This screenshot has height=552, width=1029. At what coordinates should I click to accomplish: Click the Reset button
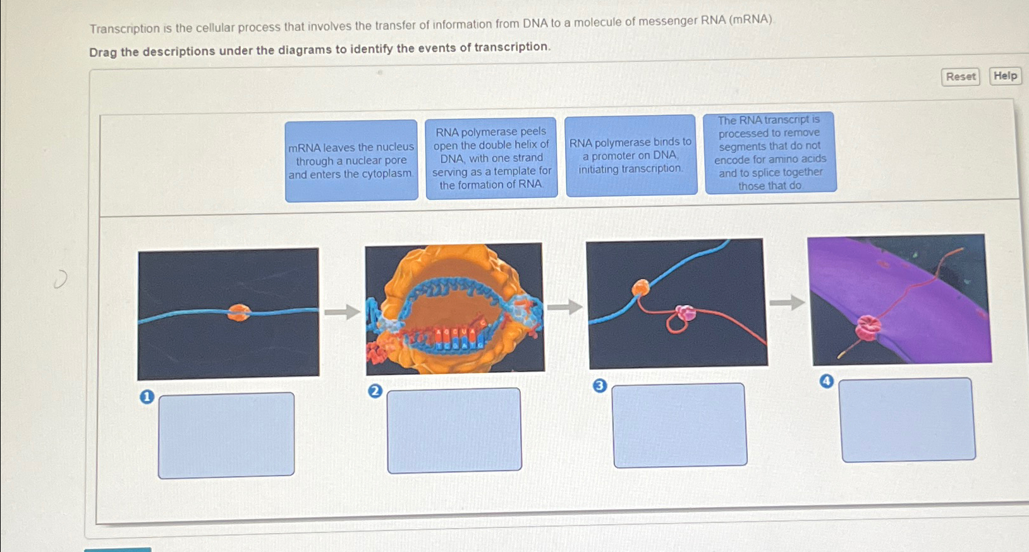960,77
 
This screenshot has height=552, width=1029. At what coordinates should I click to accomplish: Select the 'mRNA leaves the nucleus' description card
351,161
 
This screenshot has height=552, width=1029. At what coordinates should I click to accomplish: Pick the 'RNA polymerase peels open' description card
491,158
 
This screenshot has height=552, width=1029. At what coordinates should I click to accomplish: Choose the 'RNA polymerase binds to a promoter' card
631,156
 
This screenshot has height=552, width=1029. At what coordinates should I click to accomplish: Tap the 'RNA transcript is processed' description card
770,152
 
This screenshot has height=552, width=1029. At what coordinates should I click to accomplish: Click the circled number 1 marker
147,397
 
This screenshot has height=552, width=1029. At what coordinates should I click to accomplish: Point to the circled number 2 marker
375,391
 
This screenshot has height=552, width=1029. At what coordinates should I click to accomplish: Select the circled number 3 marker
600,386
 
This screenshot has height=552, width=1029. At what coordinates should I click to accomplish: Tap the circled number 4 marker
826,381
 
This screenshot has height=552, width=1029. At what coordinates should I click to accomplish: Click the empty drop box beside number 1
226,435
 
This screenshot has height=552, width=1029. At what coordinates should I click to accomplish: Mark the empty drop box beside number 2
454,430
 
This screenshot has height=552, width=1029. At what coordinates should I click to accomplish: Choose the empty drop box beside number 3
679,425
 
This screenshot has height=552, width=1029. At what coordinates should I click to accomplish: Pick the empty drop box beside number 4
908,419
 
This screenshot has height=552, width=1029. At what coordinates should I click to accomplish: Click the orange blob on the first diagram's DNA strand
239,312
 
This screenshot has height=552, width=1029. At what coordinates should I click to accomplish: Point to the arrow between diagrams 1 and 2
342,311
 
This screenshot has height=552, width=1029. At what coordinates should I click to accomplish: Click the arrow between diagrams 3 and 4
787,303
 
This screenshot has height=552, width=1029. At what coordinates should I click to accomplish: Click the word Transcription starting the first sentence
125,28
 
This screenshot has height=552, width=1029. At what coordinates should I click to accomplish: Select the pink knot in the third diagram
685,312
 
